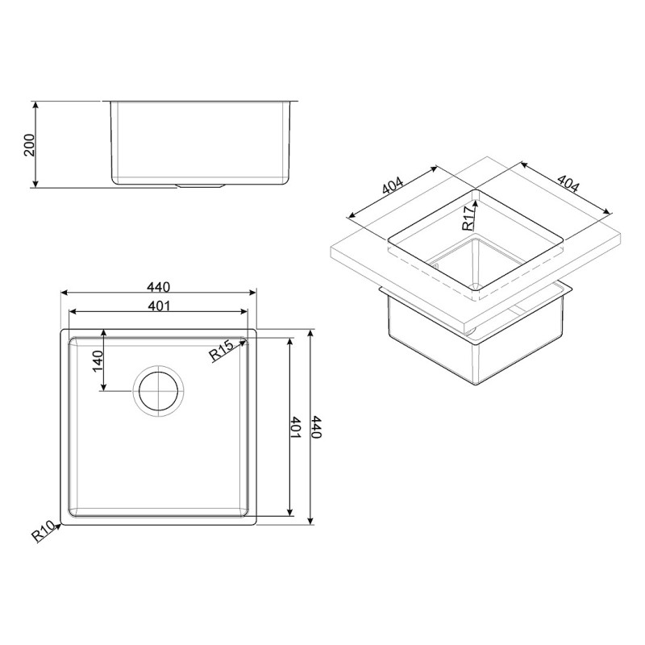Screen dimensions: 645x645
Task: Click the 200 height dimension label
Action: point(30,145)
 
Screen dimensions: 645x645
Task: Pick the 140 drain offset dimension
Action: point(98,360)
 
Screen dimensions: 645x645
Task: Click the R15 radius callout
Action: point(221,351)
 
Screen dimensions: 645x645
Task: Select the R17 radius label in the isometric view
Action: point(468,218)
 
